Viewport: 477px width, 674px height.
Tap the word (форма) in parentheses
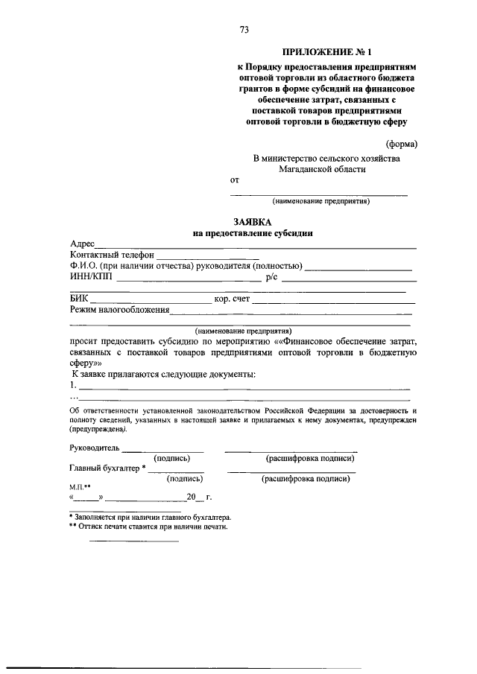coord(401,144)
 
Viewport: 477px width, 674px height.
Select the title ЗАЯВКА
coord(253,222)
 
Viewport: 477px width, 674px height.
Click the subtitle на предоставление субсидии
coord(253,233)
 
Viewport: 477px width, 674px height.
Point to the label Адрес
coord(82,244)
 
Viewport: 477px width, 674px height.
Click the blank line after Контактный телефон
coord(186,256)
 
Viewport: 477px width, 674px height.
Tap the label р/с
coord(271,278)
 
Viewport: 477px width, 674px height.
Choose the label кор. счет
coord(232,299)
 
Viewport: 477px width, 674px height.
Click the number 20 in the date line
coord(192,497)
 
